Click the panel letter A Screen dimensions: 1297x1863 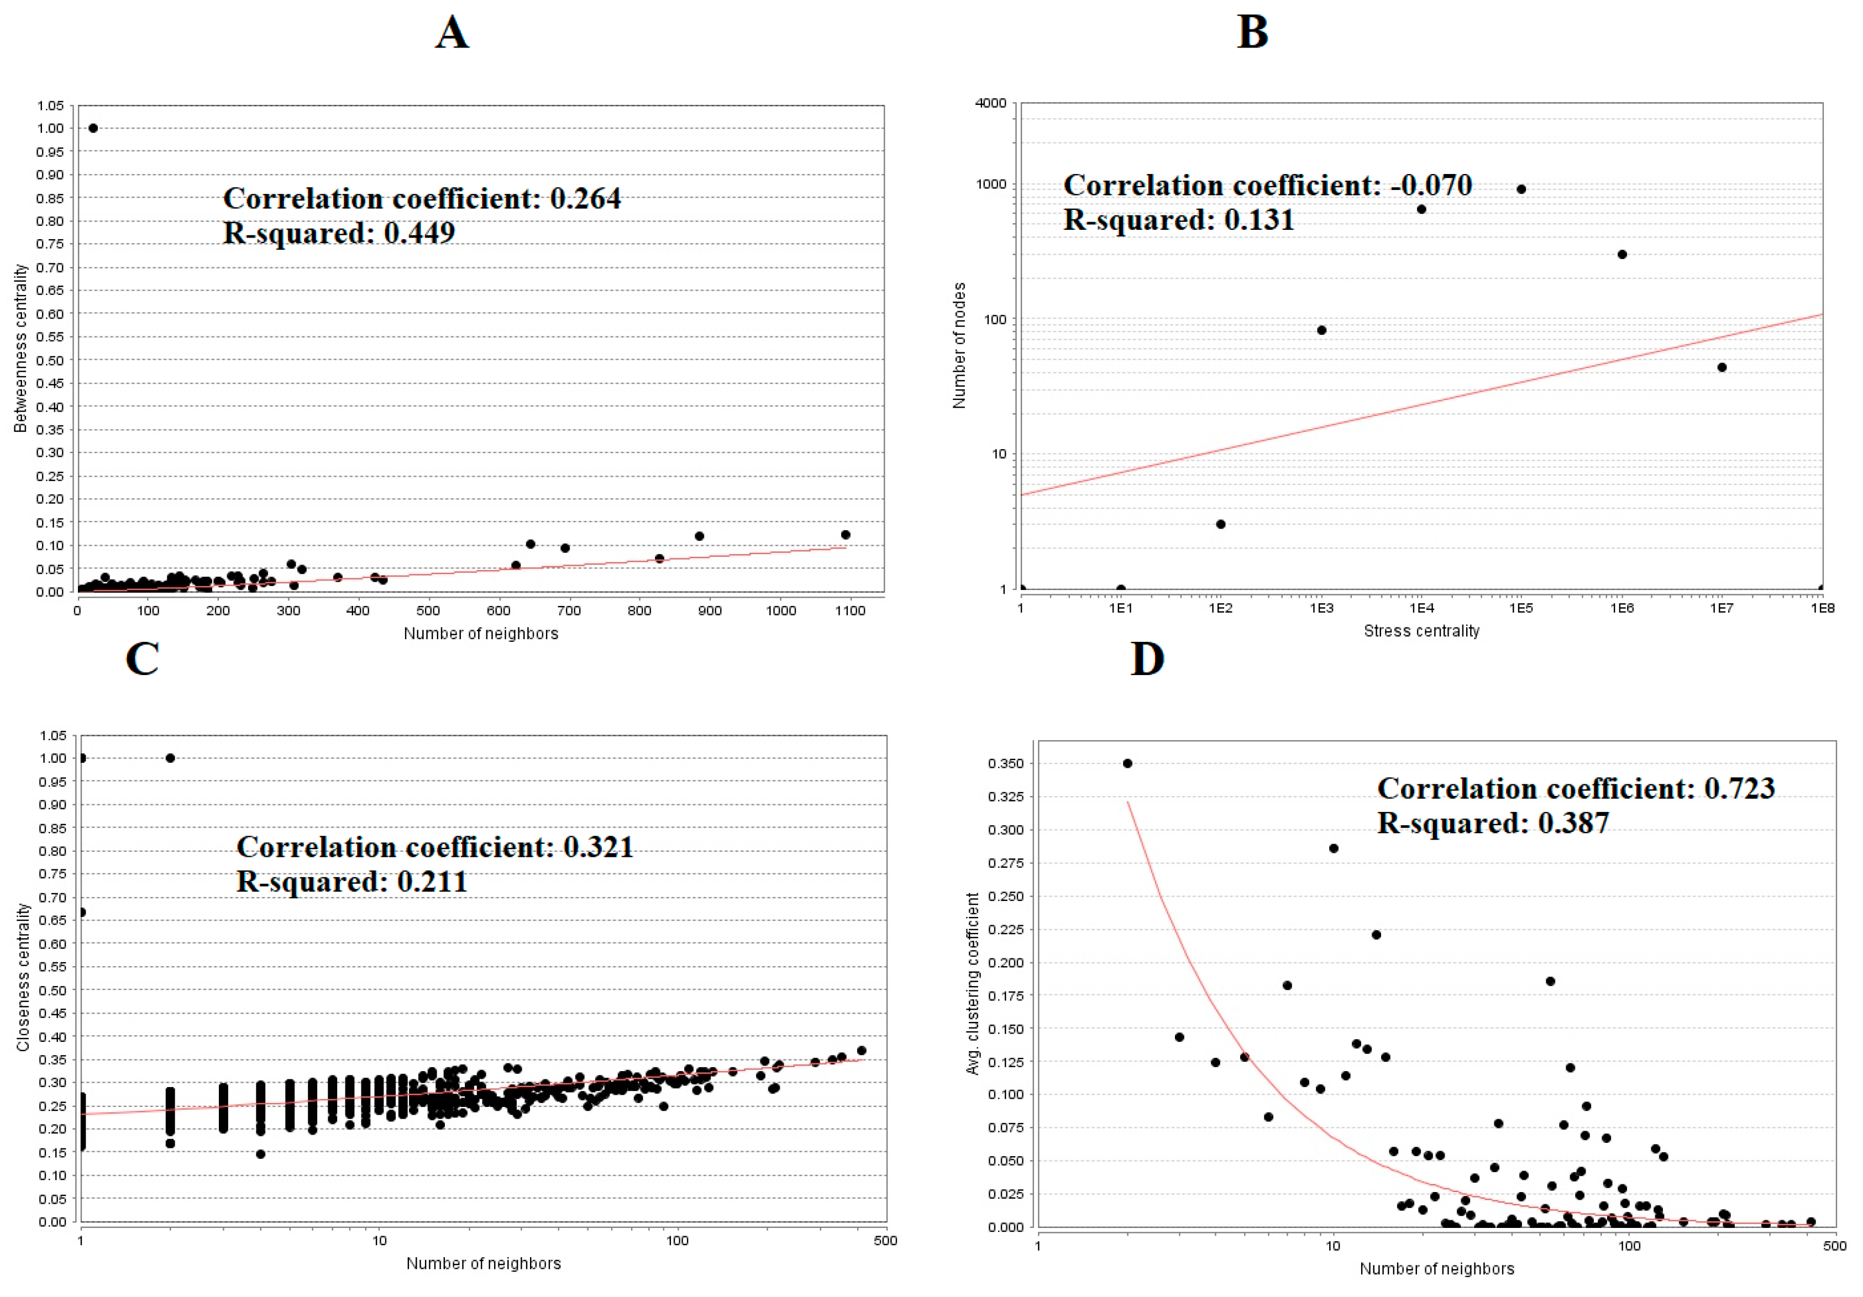(x=452, y=33)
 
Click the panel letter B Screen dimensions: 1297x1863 (x=1252, y=33)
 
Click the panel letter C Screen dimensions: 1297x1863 (x=142, y=658)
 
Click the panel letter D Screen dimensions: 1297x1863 (x=1147, y=658)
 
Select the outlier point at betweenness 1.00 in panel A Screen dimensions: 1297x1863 (x=93, y=128)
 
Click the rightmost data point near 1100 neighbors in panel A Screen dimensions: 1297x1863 (x=846, y=535)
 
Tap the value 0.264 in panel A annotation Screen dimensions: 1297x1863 (x=585, y=199)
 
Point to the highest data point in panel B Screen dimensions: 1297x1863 (x=1521, y=189)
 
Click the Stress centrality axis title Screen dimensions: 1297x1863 (x=1421, y=631)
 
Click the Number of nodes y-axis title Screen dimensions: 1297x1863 (x=959, y=346)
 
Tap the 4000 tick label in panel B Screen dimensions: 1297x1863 (x=991, y=103)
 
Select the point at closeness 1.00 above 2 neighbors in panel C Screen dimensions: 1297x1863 (x=170, y=758)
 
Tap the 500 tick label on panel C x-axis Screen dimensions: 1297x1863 (x=885, y=1240)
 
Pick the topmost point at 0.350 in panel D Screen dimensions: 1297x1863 (x=1127, y=763)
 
